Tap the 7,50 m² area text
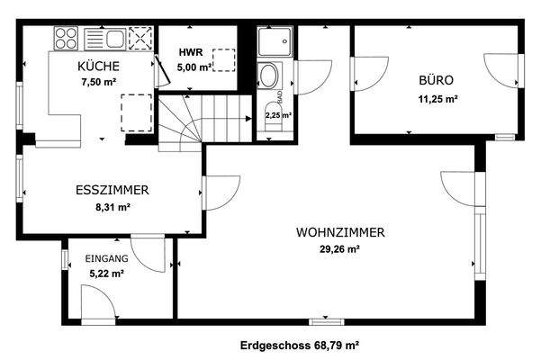[x=100, y=81]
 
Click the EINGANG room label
[x=106, y=259]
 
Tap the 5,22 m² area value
[x=105, y=274]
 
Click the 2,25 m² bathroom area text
[x=278, y=115]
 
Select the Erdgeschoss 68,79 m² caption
[x=301, y=344]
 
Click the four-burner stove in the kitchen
[x=65, y=38]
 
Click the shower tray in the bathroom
[x=271, y=41]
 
